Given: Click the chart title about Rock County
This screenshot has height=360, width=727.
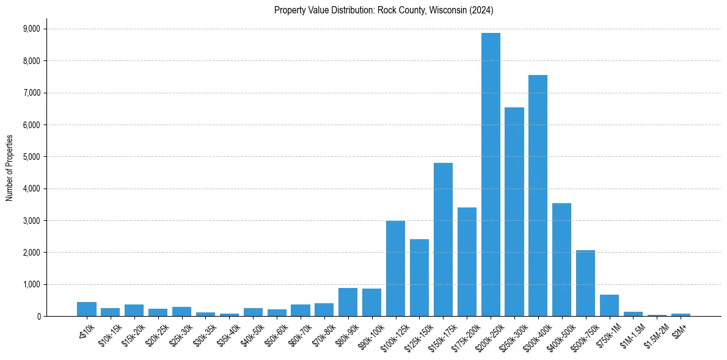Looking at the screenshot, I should (x=384, y=10).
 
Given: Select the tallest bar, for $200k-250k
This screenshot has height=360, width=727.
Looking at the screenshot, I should (x=491, y=175).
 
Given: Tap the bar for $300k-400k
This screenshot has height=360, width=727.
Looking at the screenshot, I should (x=538, y=195).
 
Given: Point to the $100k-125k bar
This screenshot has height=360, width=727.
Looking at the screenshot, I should (x=395, y=268).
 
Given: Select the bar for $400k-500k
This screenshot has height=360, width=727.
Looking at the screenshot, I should (x=561, y=259).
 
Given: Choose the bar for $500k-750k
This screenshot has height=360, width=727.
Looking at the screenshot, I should (x=585, y=283).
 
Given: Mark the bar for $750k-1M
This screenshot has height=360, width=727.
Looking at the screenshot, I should (x=609, y=305).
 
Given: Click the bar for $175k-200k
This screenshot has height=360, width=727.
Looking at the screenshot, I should (x=467, y=262).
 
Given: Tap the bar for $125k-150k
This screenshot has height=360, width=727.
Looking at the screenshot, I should (x=419, y=278).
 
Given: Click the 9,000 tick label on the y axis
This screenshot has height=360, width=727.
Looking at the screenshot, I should (x=31, y=29).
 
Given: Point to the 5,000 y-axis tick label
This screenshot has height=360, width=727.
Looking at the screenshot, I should (x=31, y=157).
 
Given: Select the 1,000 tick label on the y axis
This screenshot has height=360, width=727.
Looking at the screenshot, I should (x=31, y=284).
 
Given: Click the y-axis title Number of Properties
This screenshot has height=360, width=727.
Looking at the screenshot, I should (x=10, y=168).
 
